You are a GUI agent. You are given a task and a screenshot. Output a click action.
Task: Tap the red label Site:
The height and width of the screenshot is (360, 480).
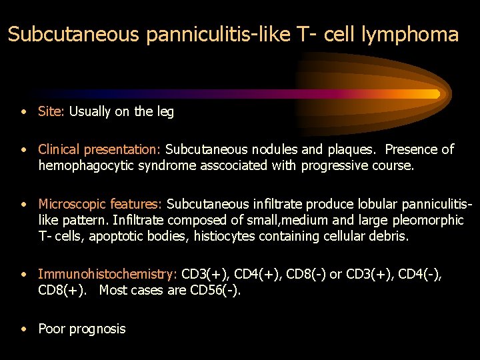click(x=51, y=112)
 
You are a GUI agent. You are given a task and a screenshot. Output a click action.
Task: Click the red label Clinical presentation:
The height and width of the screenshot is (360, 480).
click(x=100, y=149)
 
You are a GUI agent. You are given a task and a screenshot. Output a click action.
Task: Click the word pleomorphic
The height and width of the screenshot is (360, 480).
click(x=431, y=220)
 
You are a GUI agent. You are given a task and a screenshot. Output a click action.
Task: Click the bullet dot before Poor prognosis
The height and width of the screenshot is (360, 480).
click(x=24, y=328)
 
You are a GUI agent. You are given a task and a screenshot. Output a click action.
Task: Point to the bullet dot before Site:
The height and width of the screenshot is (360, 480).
click(x=24, y=112)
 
